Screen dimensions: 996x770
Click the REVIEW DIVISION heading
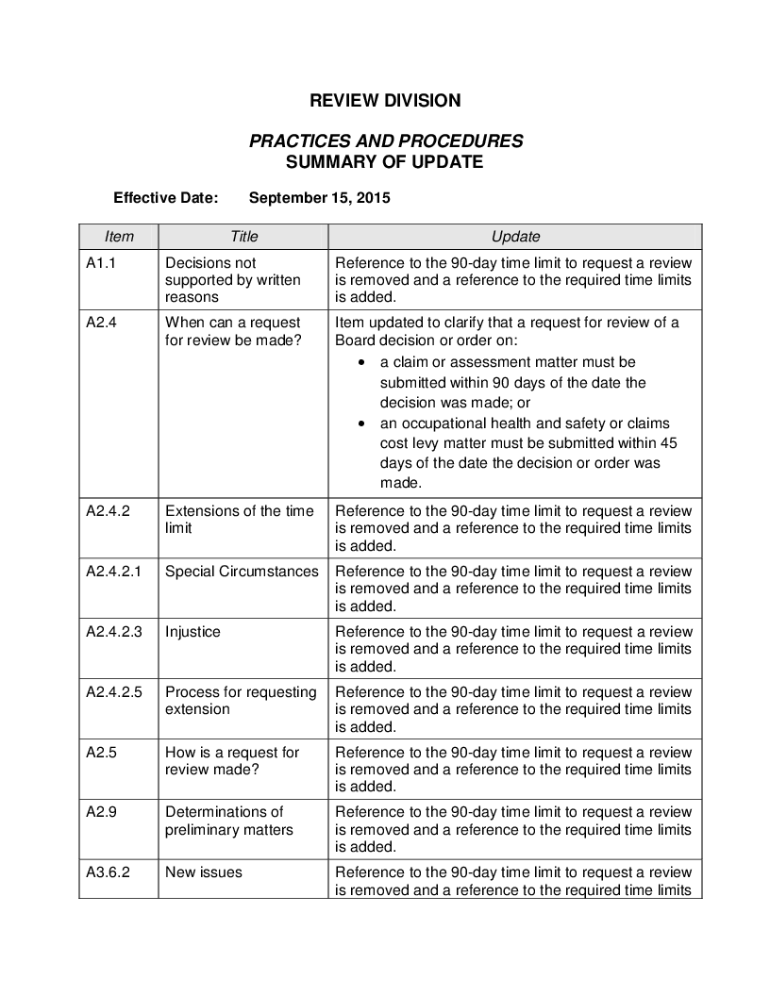pyautogui.click(x=385, y=100)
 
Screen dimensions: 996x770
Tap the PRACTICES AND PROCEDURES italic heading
pyautogui.click(x=385, y=141)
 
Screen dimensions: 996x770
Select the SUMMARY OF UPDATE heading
pyautogui.click(x=385, y=161)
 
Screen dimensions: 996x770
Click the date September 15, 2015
pyautogui.click(x=319, y=198)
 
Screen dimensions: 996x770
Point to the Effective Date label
pyautogui.click(x=165, y=198)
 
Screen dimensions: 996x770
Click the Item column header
pyautogui.click(x=119, y=237)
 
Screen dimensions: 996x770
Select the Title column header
pyautogui.click(x=243, y=237)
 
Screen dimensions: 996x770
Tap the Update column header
pyautogui.click(x=515, y=237)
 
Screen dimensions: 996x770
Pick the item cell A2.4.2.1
pyautogui.click(x=113, y=572)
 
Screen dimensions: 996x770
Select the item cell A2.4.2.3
pyautogui.click(x=113, y=632)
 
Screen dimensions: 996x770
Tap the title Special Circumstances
pyautogui.click(x=242, y=572)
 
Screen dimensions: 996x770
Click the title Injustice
pyautogui.click(x=192, y=632)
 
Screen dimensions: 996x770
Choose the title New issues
pyautogui.click(x=203, y=872)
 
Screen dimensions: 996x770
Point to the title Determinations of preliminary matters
pyautogui.click(x=229, y=821)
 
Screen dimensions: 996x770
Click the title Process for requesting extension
pyautogui.click(x=241, y=700)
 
